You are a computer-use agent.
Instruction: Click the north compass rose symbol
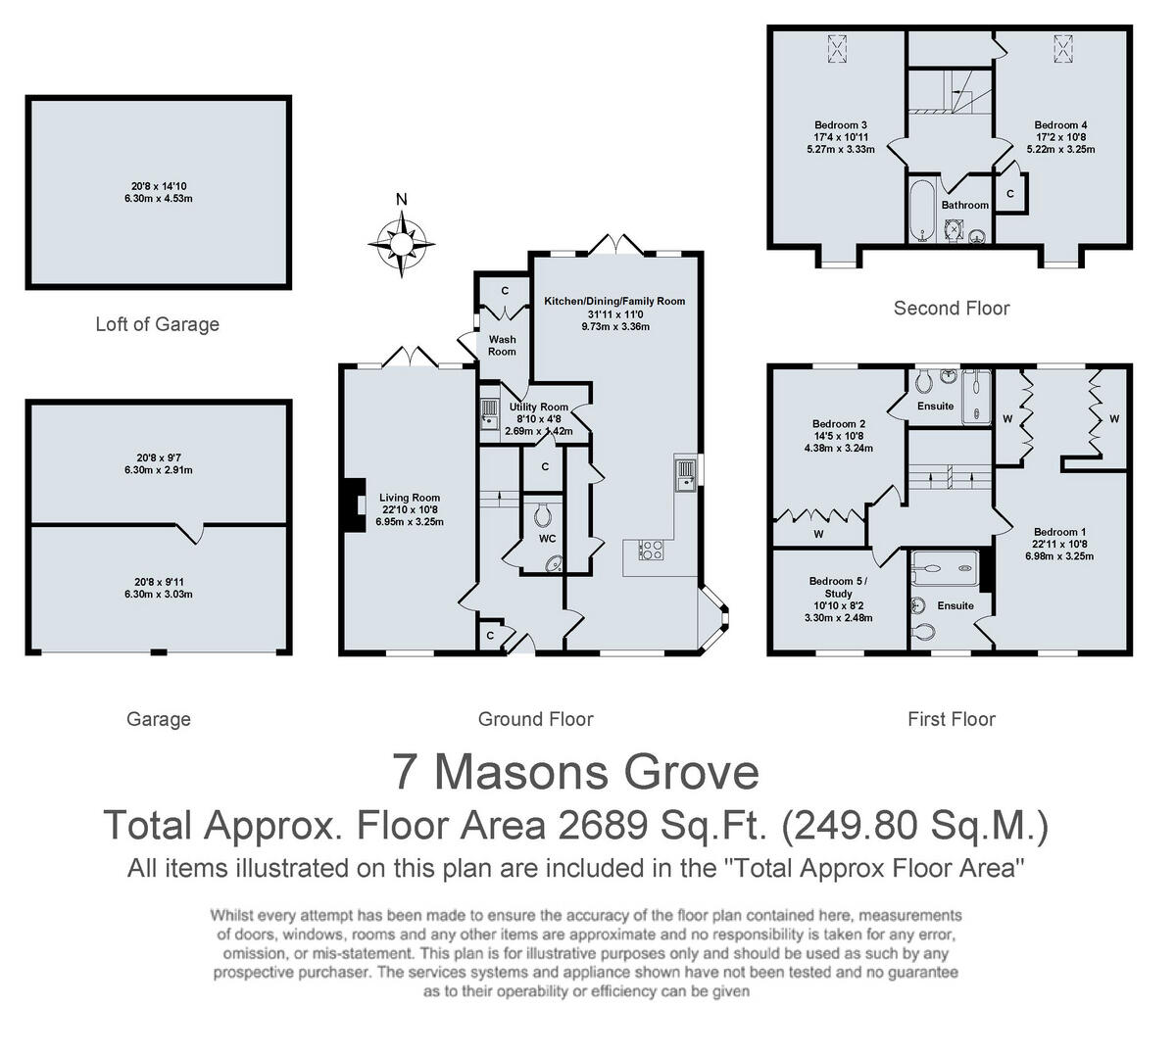(x=402, y=240)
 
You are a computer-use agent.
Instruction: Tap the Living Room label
(x=410, y=498)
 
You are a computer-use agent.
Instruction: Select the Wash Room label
(x=502, y=345)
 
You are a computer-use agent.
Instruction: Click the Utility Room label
(x=538, y=407)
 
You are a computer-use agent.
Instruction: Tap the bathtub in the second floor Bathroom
(x=920, y=210)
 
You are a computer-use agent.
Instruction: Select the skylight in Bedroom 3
(x=837, y=47)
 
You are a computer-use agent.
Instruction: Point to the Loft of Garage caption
(x=157, y=324)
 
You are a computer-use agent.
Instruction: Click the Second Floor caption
(x=951, y=309)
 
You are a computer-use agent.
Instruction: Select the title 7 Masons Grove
(x=575, y=772)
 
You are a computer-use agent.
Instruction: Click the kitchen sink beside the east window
(x=685, y=474)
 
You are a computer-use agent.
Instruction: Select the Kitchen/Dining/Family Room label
(x=614, y=301)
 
